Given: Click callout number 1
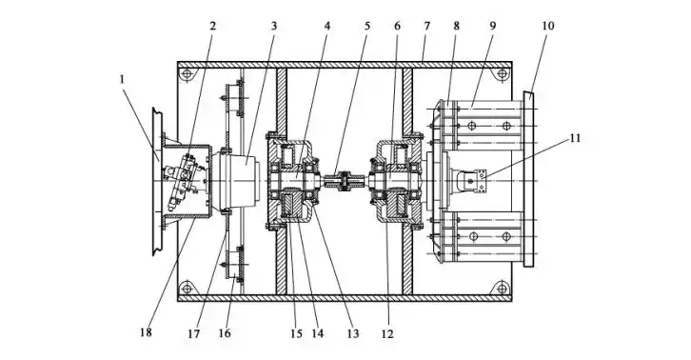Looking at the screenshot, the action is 122,79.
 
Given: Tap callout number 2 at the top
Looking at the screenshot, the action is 213,26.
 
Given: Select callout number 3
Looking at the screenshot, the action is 274,26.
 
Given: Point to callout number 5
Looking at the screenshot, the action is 367,26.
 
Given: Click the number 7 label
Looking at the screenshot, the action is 426,26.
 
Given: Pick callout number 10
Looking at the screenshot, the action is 548,26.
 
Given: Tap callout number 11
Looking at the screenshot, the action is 575,138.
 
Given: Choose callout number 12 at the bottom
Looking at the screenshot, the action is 387,333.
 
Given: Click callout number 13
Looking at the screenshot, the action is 352,333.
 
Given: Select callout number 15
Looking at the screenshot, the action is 297,333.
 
